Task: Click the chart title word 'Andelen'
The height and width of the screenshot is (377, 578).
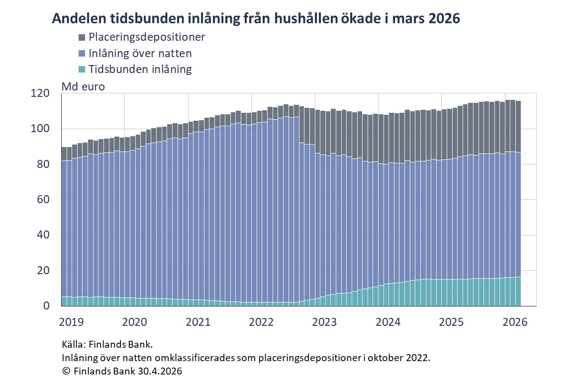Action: (x=77, y=18)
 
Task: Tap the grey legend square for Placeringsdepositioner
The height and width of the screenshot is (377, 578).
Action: (x=82, y=37)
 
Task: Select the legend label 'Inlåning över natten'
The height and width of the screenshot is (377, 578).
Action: (x=140, y=53)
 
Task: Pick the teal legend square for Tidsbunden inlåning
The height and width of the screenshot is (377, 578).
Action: (x=82, y=70)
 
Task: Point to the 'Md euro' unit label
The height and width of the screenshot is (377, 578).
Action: (x=83, y=86)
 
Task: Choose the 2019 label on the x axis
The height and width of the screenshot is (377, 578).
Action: (x=72, y=321)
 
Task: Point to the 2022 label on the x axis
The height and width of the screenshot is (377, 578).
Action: (x=262, y=321)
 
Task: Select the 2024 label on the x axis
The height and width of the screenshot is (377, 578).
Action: (x=388, y=321)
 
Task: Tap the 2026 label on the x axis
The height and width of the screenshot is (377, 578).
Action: (x=515, y=321)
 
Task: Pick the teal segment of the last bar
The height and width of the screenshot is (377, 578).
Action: (x=518, y=292)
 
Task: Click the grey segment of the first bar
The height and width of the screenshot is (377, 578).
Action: (x=64, y=153)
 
